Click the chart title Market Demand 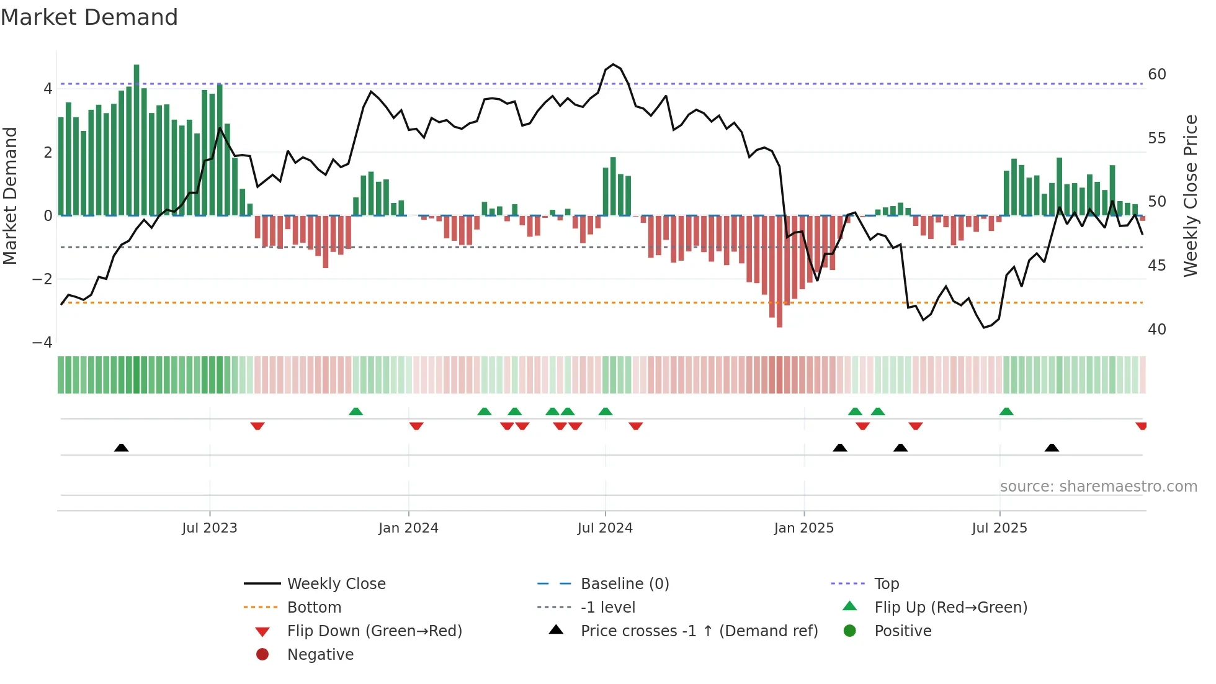point(89,17)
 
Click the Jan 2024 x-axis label point(408,528)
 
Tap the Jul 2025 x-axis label point(999,528)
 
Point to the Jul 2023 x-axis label point(209,528)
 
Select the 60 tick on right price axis point(1156,74)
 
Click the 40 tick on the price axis point(1156,330)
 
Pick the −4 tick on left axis point(42,343)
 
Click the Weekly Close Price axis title point(1190,196)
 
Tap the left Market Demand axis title point(11,196)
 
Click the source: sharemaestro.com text point(1098,487)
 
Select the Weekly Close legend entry point(336,584)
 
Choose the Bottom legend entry point(314,608)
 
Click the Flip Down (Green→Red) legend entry point(374,631)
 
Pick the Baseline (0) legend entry point(624,584)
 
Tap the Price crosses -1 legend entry point(699,631)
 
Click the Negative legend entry point(320,655)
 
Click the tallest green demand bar point(136,140)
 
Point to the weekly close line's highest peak point(613,65)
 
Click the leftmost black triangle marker point(122,448)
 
